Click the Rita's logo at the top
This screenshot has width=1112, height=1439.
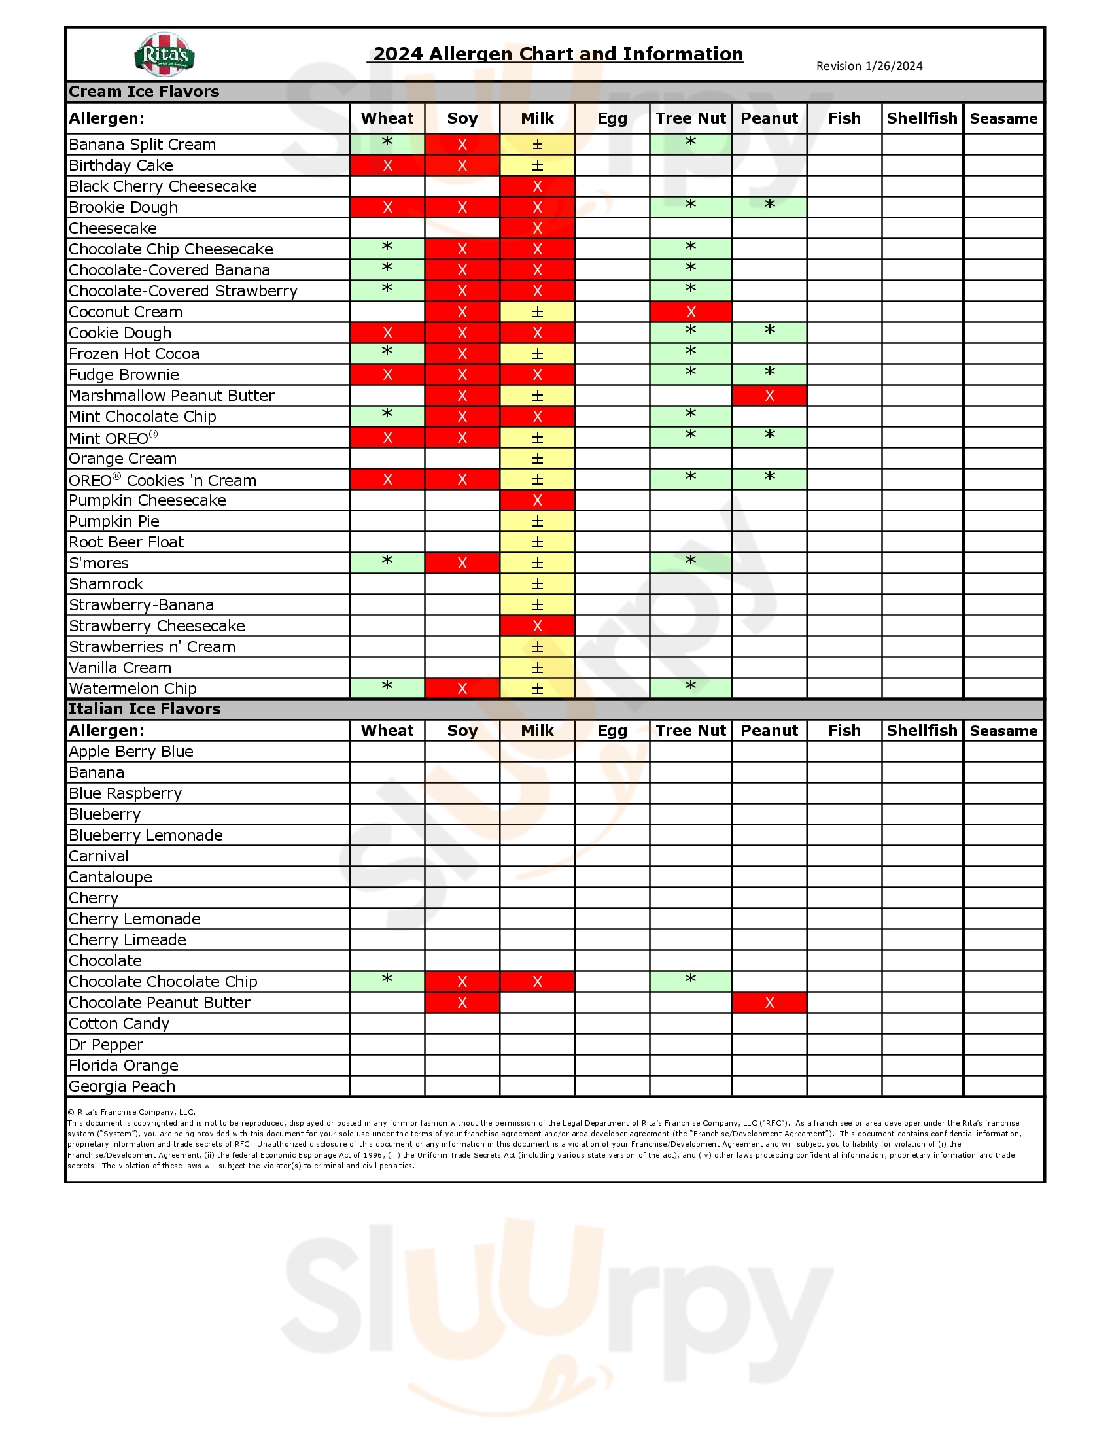click(x=165, y=54)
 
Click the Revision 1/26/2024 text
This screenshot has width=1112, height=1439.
click(x=869, y=66)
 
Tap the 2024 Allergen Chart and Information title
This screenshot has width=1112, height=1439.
click(x=558, y=54)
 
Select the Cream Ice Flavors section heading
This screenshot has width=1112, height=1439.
click(x=145, y=92)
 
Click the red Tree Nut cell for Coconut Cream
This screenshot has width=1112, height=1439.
click(x=690, y=311)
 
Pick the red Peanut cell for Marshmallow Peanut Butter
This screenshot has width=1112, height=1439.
click(x=769, y=395)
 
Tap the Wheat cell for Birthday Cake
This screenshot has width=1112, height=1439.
click(x=387, y=165)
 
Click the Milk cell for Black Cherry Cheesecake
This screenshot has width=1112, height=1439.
click(x=537, y=186)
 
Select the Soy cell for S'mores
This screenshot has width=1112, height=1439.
click(x=462, y=563)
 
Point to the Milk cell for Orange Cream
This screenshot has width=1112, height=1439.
click(x=537, y=459)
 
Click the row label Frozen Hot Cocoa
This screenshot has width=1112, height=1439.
click(x=133, y=354)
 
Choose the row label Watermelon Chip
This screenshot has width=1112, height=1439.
click(x=132, y=689)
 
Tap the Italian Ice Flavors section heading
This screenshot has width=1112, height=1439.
click(x=145, y=709)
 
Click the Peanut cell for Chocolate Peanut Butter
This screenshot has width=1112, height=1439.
click(x=769, y=1002)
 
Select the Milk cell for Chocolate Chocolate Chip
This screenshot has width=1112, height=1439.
click(x=537, y=982)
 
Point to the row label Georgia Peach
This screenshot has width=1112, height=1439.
click(x=122, y=1086)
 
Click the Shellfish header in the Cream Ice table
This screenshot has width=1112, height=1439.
click(x=922, y=118)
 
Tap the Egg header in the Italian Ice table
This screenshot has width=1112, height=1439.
click(x=612, y=730)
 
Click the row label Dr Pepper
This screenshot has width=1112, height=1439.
click(x=105, y=1045)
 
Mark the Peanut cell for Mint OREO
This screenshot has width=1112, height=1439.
click(x=769, y=437)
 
